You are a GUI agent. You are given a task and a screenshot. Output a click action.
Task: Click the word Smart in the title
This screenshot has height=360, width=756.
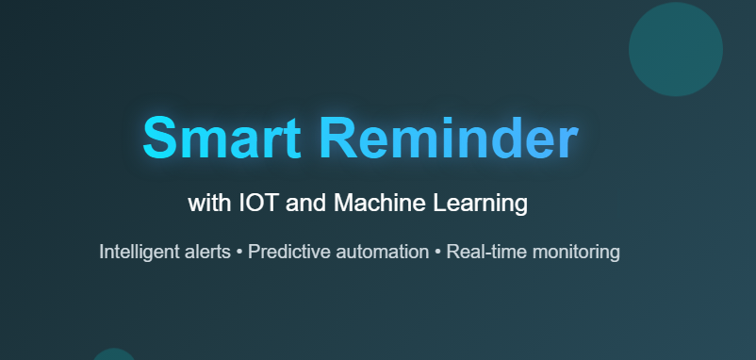pyautogui.click(x=222, y=139)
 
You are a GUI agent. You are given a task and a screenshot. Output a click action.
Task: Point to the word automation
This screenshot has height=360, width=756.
pyautogui.click(x=379, y=253)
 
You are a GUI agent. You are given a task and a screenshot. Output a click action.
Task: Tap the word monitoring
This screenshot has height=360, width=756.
pyautogui.click(x=576, y=253)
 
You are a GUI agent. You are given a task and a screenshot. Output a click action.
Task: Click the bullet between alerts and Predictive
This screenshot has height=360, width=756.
pyautogui.click(x=240, y=253)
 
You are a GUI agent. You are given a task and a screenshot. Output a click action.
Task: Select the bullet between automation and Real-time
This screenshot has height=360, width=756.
pyautogui.click(x=438, y=253)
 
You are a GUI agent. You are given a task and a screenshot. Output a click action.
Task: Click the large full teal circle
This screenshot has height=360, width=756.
pyautogui.click(x=676, y=49)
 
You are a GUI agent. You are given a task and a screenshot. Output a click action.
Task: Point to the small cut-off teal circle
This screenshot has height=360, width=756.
pyautogui.click(x=114, y=355)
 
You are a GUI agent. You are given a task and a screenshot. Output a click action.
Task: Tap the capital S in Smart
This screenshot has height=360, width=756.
pyautogui.click(x=161, y=139)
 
